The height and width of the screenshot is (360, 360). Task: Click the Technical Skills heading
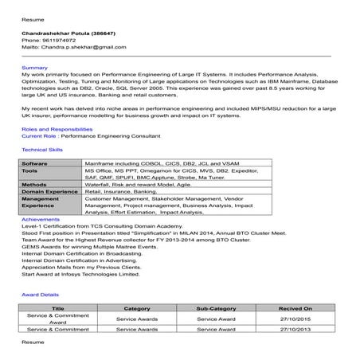42,149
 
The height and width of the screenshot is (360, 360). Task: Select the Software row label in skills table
35,163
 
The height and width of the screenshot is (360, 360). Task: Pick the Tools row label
29,170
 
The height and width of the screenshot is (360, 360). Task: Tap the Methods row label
34,184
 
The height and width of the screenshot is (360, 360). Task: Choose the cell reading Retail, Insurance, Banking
121,191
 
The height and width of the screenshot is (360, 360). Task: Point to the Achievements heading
41,219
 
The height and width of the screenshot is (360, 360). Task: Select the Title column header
58,307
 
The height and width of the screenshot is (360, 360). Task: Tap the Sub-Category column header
216,307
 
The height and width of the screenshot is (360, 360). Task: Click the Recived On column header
295,307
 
